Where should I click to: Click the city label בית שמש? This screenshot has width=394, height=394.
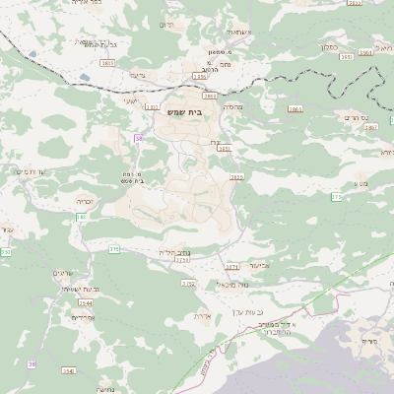tap(182, 114)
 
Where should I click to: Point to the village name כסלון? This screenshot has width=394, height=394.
tap(330, 46)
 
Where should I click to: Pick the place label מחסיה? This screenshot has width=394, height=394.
tap(232, 105)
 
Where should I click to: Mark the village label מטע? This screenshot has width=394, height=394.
tap(360, 183)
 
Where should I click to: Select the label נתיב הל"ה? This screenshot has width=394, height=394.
tap(174, 252)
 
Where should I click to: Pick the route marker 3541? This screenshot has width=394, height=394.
tap(68, 369)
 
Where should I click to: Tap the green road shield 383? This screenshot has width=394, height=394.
tap(82, 216)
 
